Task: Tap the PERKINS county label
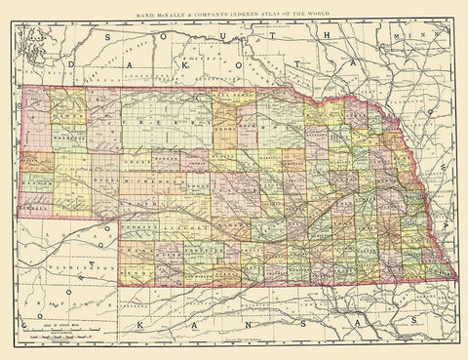pyautogui.click(x=145, y=225)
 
